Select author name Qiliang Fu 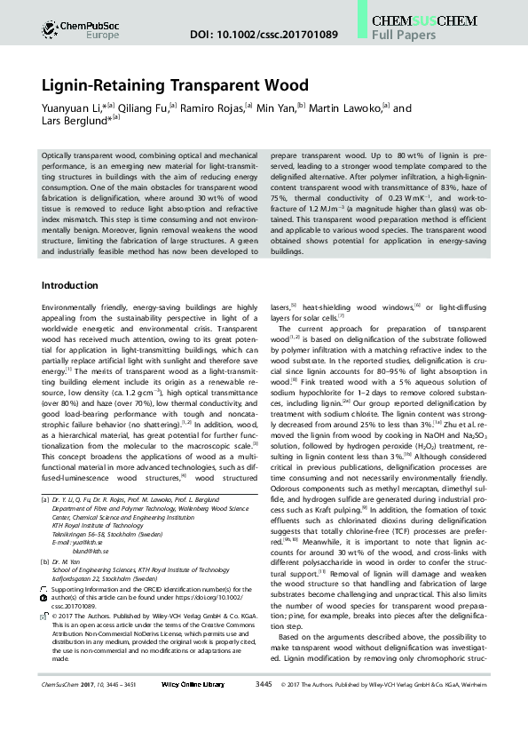coord(141,107)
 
